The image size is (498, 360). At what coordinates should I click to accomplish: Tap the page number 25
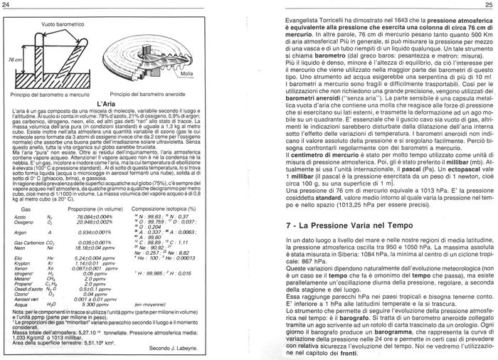pyautogui.click(x=490, y=5)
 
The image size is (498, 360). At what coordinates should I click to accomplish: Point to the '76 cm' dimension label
pyautogui.click(x=15, y=61)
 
